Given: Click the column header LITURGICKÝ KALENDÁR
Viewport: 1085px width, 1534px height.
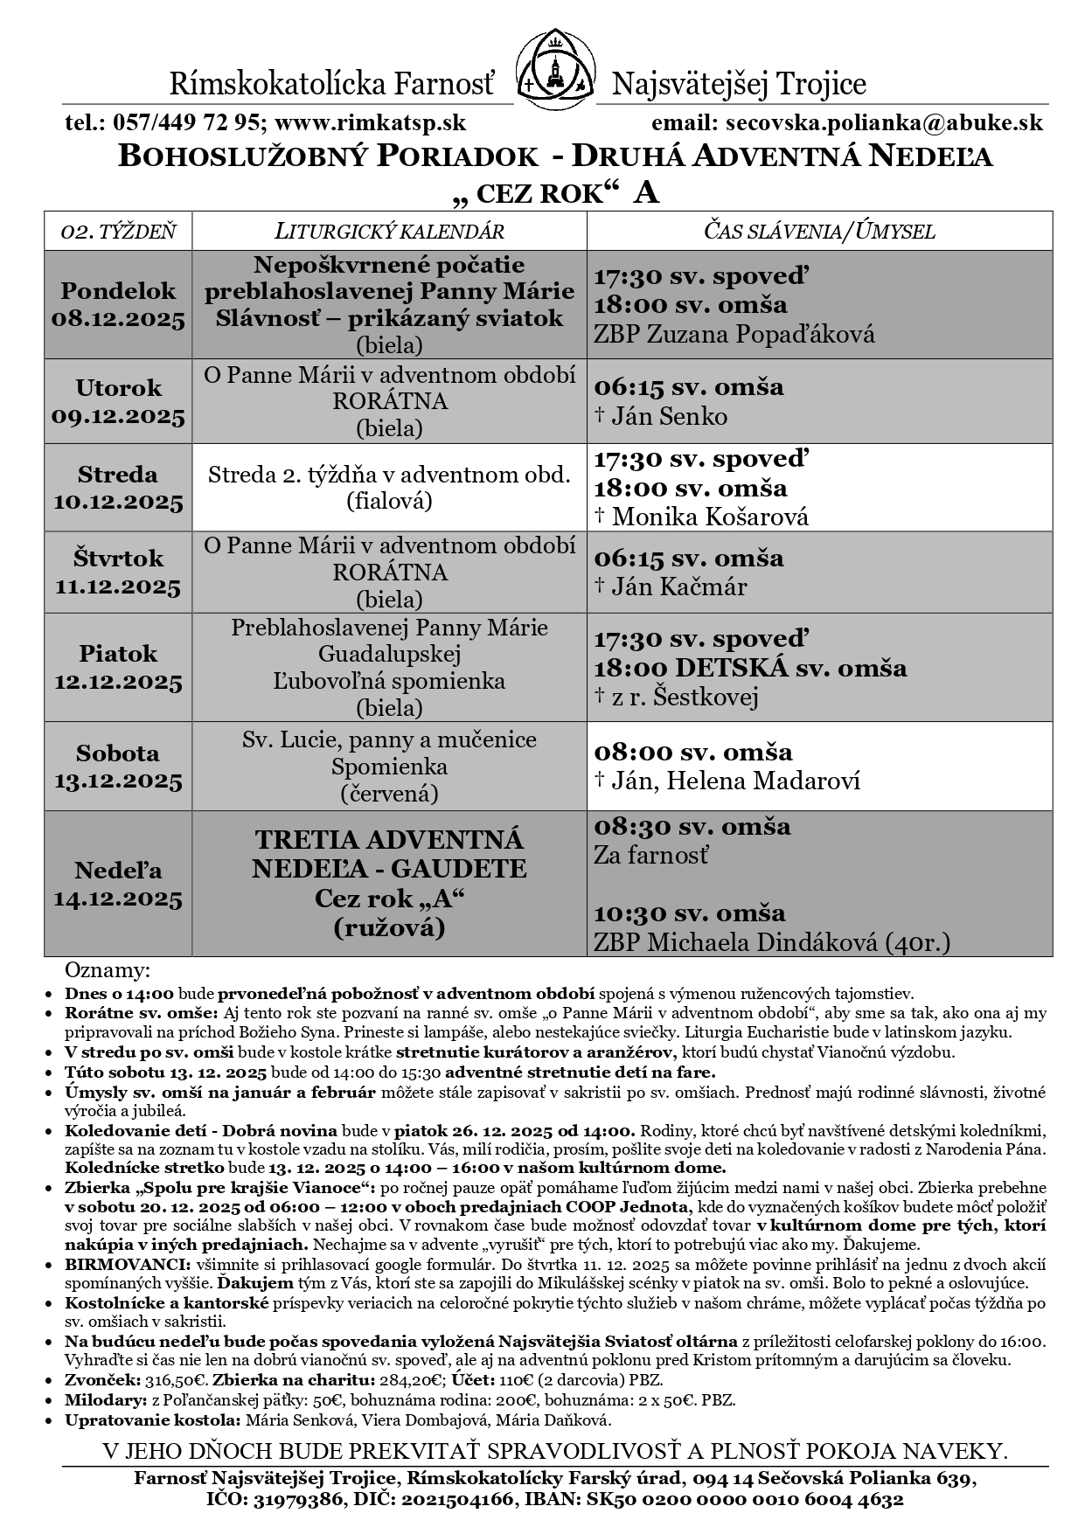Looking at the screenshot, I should pos(389,232).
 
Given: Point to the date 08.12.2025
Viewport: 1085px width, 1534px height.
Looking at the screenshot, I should pos(119,319).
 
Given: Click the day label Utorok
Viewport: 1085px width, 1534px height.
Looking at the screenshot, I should pos(119,387).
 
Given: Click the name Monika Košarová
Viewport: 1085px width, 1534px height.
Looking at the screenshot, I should pos(710,517).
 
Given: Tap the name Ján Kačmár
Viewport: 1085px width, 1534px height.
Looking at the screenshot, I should pos(679,587).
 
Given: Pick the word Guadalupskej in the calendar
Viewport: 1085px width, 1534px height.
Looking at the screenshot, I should pos(389,654).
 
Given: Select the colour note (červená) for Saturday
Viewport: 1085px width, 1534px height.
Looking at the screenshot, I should pos(389,794).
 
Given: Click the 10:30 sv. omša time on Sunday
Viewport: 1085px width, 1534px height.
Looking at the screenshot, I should pos(690,913).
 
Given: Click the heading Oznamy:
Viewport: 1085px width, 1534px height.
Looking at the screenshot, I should pos(108,971).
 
